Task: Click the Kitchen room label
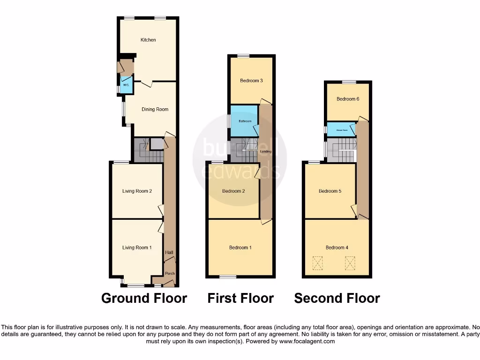pos(148,40)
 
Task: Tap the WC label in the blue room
pos(125,85)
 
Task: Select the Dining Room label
pos(155,109)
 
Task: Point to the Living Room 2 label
pos(137,191)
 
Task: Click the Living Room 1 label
pos(137,247)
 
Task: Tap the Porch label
pos(169,274)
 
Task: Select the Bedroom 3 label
pos(251,81)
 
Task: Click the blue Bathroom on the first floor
pos(245,121)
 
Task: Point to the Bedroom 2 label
pos(233,191)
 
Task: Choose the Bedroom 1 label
pos(240,247)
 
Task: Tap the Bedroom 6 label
pos(348,99)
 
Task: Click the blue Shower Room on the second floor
pos(341,129)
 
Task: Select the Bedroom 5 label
pos(330,191)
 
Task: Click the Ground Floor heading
pos(144,298)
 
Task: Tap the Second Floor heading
pos(337,298)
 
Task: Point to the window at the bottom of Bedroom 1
pos(228,277)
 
